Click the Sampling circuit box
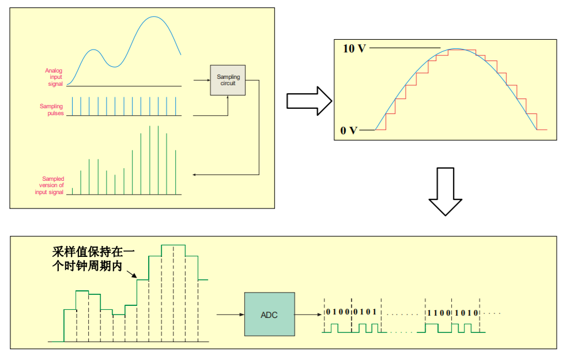tap(228, 80)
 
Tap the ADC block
tap(269, 315)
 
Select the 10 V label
tap(354, 48)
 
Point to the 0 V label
tap(349, 130)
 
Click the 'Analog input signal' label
tap(54, 77)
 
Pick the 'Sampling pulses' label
tap(52, 109)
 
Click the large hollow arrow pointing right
tap(309, 101)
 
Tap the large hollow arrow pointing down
tap(445, 191)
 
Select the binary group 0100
tap(338, 312)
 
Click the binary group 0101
tap(365, 312)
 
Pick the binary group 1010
tap(466, 312)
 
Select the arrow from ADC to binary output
tap(307, 314)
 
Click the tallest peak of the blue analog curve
tap(154, 17)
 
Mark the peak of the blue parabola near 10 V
tap(456, 49)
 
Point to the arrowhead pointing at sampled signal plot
tap(195, 174)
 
